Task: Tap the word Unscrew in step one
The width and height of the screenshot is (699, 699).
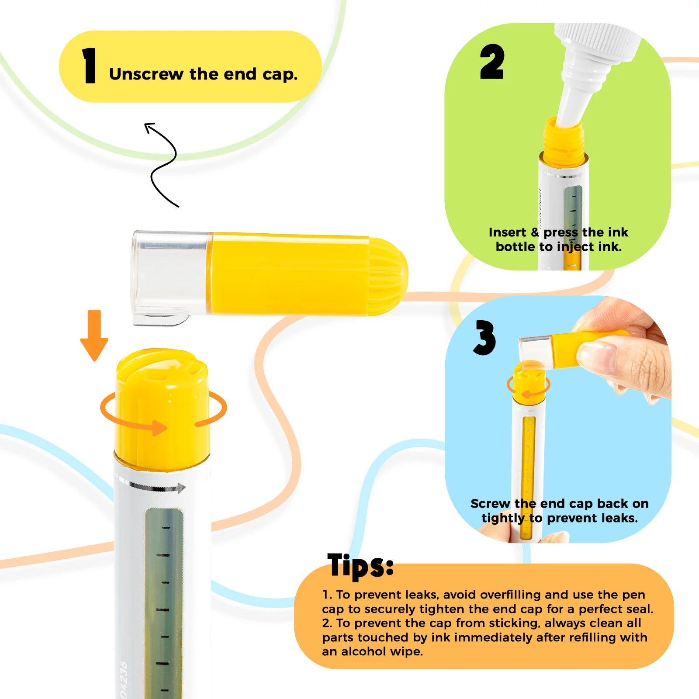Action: pyautogui.click(x=146, y=74)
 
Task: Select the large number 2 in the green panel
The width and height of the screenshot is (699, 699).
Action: pyautogui.click(x=492, y=62)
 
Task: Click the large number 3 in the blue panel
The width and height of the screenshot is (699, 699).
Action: pyautogui.click(x=484, y=337)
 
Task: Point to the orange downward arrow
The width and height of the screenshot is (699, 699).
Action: pyautogui.click(x=94, y=336)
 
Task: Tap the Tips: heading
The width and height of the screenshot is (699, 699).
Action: pyautogui.click(x=360, y=565)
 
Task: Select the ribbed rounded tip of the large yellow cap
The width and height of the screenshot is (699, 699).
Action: pyautogui.click(x=388, y=277)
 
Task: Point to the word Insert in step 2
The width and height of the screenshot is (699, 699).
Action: pyautogui.click(x=507, y=232)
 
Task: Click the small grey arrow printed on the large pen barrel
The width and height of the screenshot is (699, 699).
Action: pyautogui.click(x=158, y=487)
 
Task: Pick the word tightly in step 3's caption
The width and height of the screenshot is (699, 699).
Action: pyautogui.click(x=503, y=518)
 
